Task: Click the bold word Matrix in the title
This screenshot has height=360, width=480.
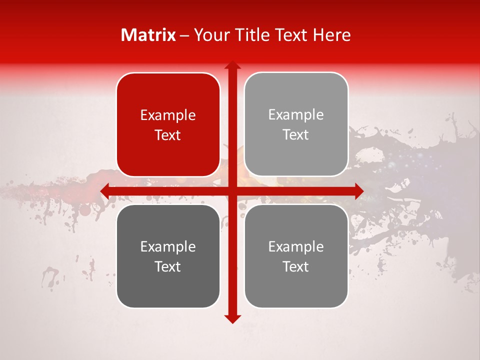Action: point(148,35)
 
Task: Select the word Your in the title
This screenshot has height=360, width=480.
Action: point(210,35)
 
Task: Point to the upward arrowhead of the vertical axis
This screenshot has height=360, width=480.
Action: point(232,65)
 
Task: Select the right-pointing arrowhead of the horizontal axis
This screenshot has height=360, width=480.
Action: point(358,191)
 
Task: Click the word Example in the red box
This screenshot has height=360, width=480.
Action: point(168,115)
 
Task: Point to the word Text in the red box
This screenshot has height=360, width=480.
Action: point(168,135)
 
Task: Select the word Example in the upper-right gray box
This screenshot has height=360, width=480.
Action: point(296,115)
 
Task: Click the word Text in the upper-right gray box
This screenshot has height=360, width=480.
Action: point(296,134)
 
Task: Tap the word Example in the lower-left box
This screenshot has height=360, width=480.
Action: point(168,247)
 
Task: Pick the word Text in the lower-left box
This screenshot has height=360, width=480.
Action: point(168,266)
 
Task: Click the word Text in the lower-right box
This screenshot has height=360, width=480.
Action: point(296,266)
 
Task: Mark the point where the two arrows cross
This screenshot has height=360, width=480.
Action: point(232,191)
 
